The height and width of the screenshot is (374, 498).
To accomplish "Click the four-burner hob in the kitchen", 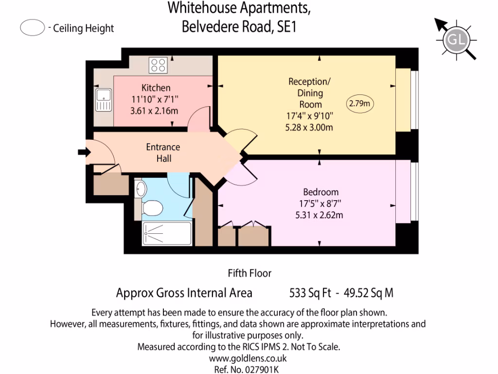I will pos(158,65).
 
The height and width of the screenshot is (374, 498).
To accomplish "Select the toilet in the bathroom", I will pos(152,208).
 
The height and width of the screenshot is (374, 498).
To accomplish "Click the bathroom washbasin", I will pos(140,189).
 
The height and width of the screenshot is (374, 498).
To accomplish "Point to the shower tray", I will pos(160,234).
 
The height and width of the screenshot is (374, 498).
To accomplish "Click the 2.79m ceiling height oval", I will pos(360,103).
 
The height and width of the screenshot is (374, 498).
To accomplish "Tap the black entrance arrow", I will pos(83,152).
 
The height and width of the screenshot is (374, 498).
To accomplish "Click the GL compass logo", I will pos(456,39).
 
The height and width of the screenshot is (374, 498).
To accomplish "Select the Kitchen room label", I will pos(156,88).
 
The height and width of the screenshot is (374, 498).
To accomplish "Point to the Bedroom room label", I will pos(320,192).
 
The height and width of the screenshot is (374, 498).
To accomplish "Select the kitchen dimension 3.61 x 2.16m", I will pos(155,111).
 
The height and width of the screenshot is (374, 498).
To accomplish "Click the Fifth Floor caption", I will pos(249,273).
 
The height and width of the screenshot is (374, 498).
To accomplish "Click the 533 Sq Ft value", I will pos(310,293).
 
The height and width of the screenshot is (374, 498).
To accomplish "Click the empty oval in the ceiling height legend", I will pos(33,28).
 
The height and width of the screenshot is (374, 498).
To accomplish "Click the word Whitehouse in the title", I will pos(202,8).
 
